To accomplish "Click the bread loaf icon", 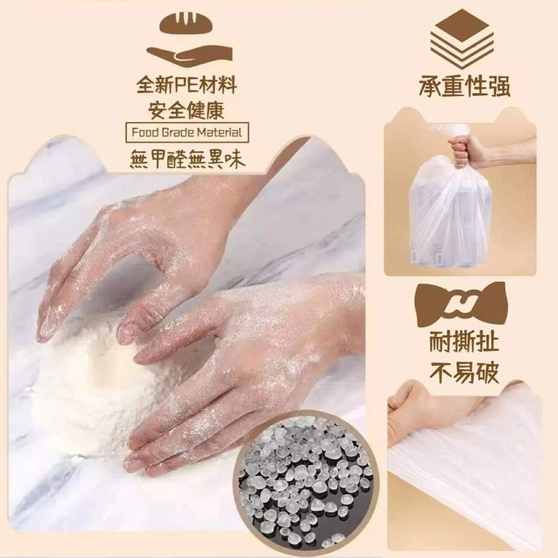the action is click(x=189, y=23).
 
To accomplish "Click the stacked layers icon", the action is click(x=462, y=39).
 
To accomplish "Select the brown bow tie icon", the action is click(x=461, y=304).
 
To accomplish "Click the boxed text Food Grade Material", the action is click(x=187, y=132).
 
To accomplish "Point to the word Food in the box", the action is click(x=144, y=132).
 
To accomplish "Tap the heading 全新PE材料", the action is click(x=187, y=85).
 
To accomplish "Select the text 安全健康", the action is click(x=187, y=109).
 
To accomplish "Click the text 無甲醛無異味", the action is click(x=187, y=158).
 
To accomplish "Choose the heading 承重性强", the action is click(x=464, y=86).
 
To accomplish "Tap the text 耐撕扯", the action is click(x=464, y=342).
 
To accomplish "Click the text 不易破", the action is click(x=464, y=372).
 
